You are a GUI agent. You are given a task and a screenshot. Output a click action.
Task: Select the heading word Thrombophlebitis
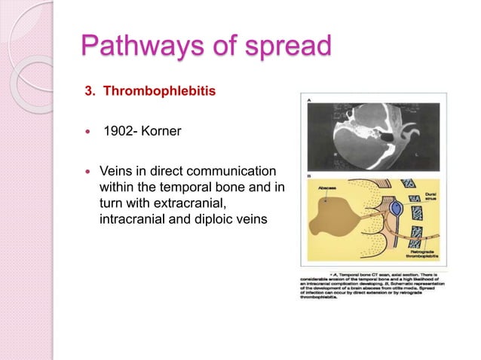coord(160,92)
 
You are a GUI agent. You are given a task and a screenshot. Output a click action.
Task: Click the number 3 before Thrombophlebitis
coord(87,92)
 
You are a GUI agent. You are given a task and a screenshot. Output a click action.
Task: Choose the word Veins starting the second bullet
coord(116,171)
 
